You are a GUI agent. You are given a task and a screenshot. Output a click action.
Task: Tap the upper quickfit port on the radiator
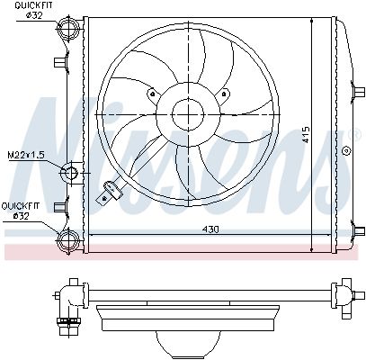68,33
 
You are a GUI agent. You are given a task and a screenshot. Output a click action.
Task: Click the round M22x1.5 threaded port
71,172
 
